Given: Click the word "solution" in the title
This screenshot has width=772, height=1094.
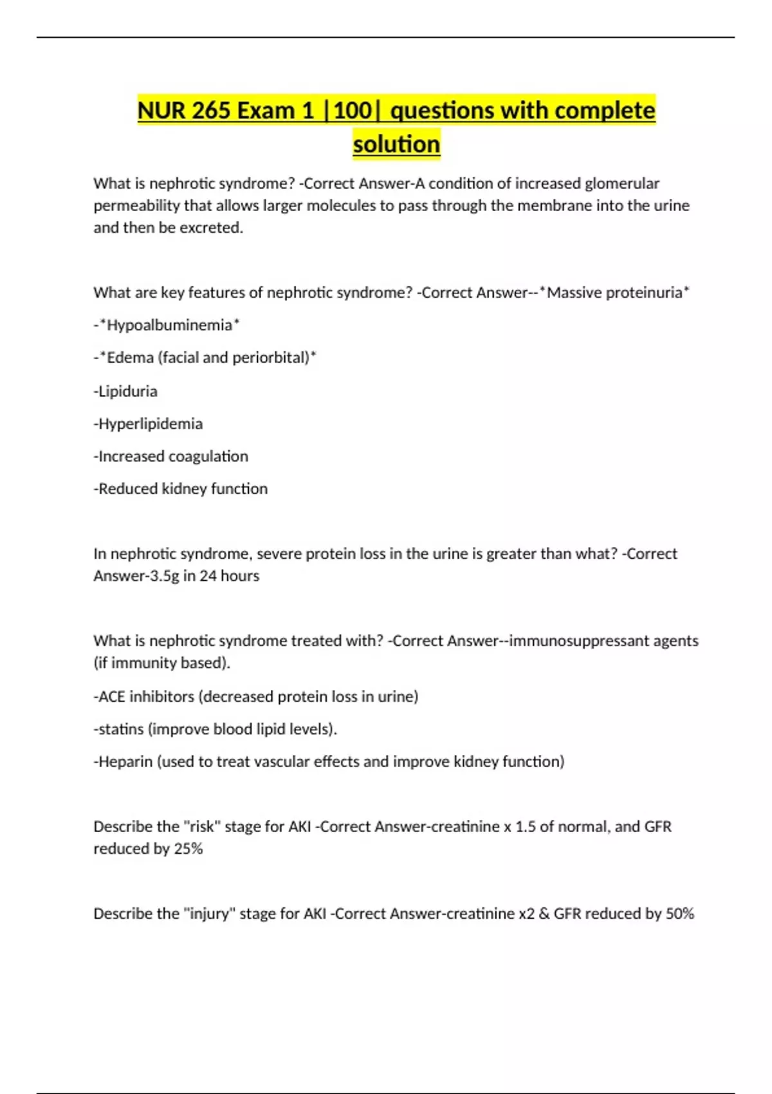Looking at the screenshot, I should point(396,144).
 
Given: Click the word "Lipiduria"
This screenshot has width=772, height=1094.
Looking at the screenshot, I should point(127,391).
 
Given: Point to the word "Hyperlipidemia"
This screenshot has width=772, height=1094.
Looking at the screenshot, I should point(151,423).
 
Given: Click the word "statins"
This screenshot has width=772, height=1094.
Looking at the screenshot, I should point(120,729).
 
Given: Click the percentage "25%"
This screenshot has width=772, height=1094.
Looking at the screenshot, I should point(188,849).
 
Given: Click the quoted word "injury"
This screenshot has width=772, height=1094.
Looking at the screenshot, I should point(210,914).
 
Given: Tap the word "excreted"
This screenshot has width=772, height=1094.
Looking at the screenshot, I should point(215,228).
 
